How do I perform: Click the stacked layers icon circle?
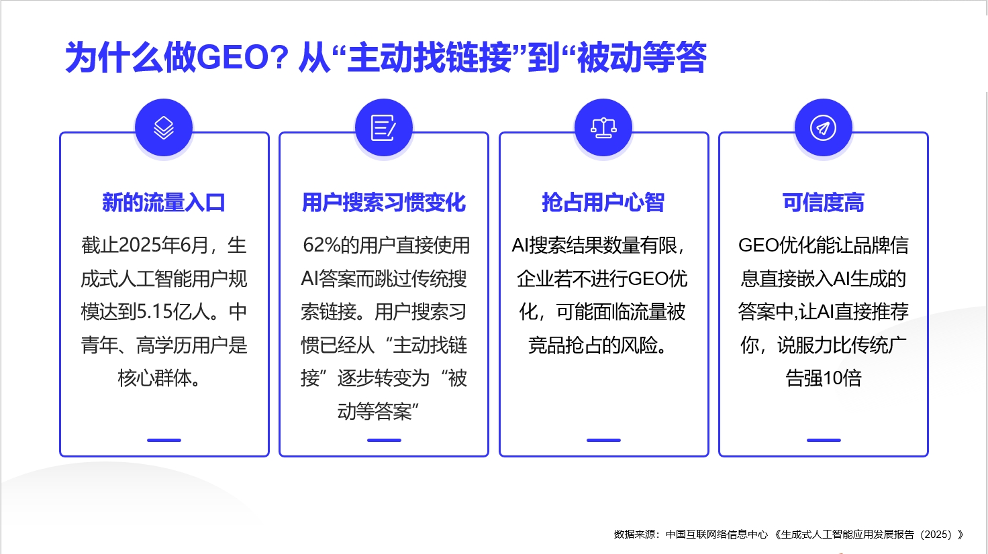pyautogui.click(x=164, y=127)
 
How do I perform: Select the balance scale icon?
pyautogui.click(x=603, y=127)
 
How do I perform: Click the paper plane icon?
pyautogui.click(x=823, y=127)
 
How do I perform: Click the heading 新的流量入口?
pyautogui.click(x=164, y=203)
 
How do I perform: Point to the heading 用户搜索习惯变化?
pyautogui.click(x=384, y=203)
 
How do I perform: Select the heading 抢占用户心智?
pyautogui.click(x=603, y=203)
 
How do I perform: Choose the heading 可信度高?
pyautogui.click(x=823, y=203)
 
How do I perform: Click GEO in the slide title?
pyautogui.click(x=232, y=58)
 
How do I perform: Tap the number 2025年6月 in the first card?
pyautogui.click(x=163, y=245)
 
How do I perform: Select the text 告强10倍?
pyautogui.click(x=824, y=378)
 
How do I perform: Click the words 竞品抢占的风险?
pyautogui.click(x=593, y=345)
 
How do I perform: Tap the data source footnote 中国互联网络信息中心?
pyautogui.click(x=717, y=535)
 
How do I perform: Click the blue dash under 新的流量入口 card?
pyautogui.click(x=164, y=440)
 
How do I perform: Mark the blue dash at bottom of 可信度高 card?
pyautogui.click(x=824, y=440)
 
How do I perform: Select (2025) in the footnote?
pyautogui.click(x=936, y=535)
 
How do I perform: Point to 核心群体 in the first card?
pyautogui.click(x=154, y=378)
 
